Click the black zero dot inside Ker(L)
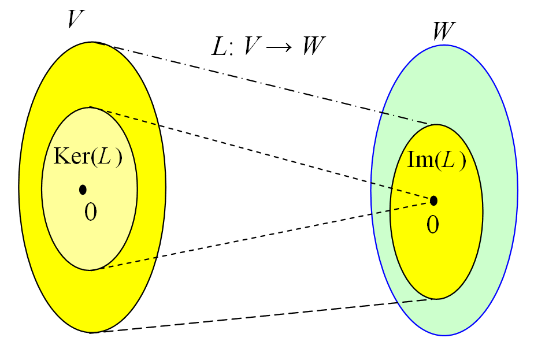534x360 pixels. pyautogui.click(x=83, y=189)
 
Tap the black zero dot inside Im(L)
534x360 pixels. pyautogui.click(x=433, y=201)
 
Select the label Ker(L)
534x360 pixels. pyautogui.click(x=88, y=157)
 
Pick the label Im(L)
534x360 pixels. pyautogui.click(x=437, y=159)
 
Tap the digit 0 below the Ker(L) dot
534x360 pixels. pyautogui.click(x=91, y=212)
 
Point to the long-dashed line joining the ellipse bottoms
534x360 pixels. pyautogui.click(x=260, y=316)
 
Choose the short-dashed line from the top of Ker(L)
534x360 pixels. pyautogui.click(x=260, y=153)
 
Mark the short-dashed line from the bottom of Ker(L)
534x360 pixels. pyautogui.click(x=260, y=235)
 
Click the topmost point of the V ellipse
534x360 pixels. pyautogui.click(x=92, y=42)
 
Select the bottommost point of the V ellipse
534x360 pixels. pyautogui.click(x=92, y=333)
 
